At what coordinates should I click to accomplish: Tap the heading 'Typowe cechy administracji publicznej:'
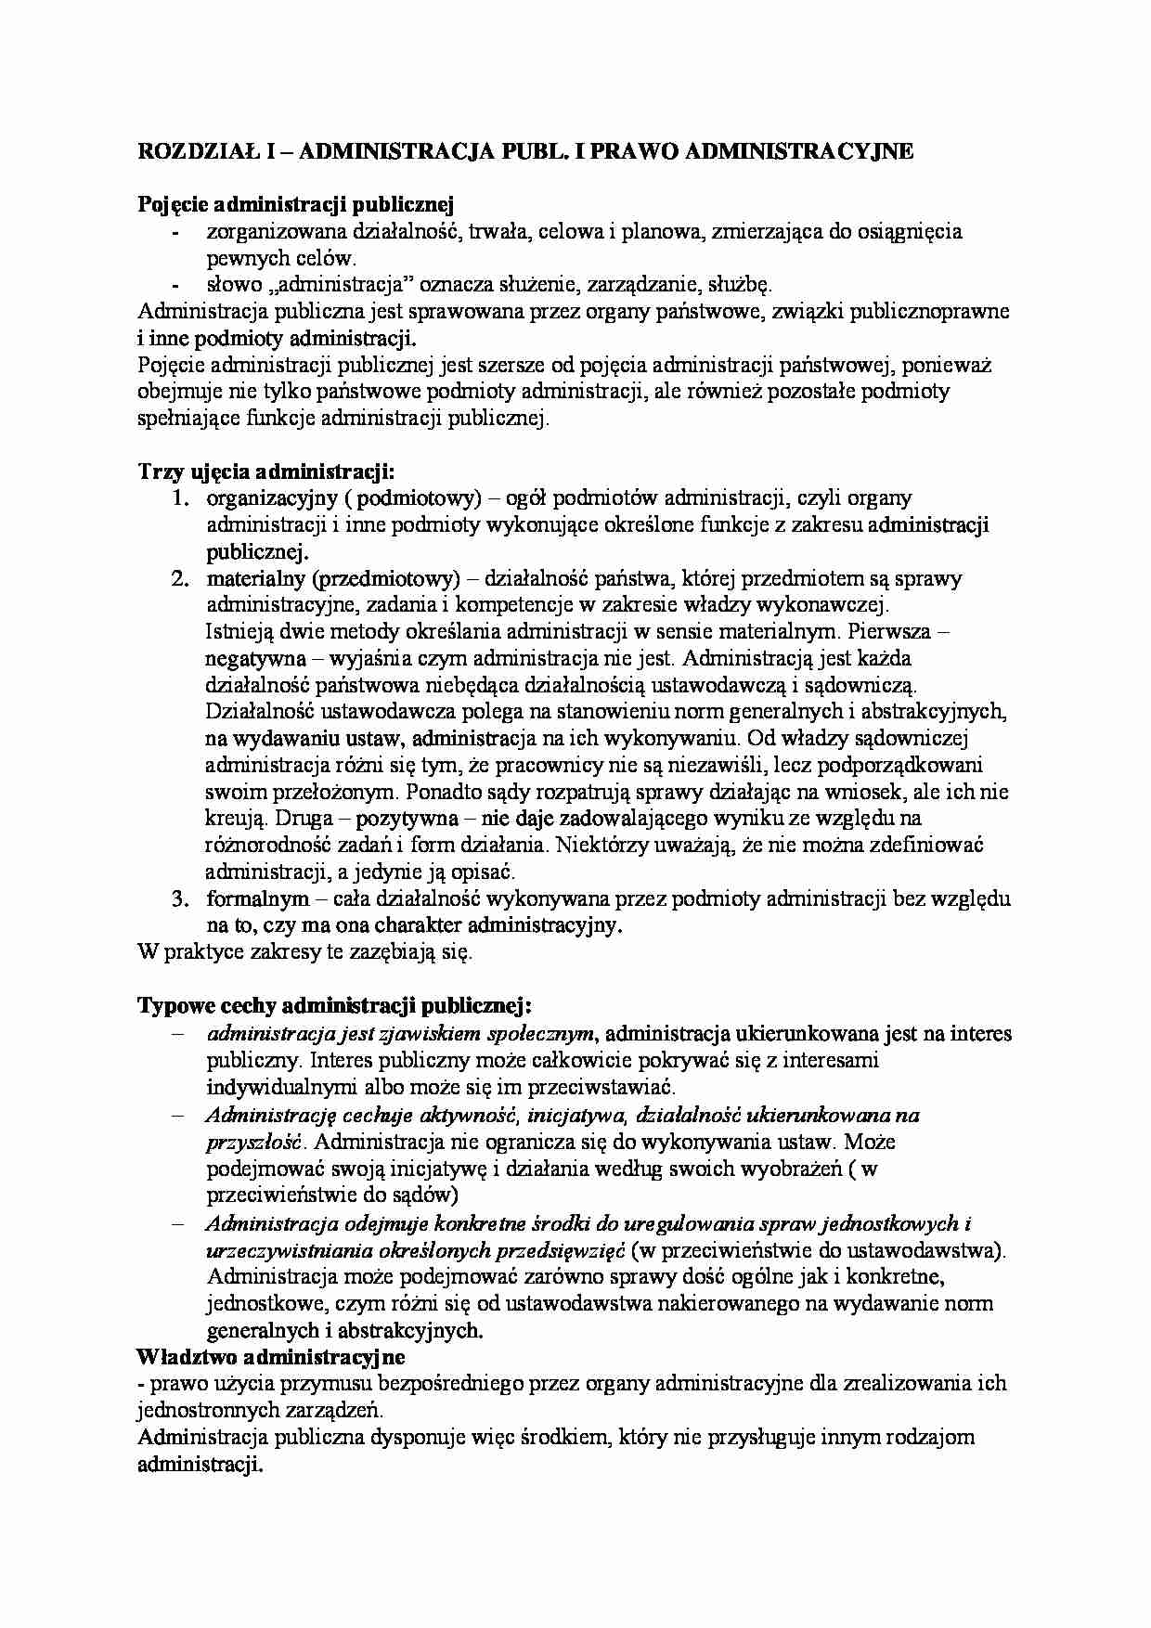click(x=334, y=1006)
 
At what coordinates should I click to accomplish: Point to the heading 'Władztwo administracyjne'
click(x=271, y=1357)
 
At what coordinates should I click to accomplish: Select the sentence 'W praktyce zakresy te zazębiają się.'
click(x=304, y=952)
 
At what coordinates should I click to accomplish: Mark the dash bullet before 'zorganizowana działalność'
click(x=176, y=232)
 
